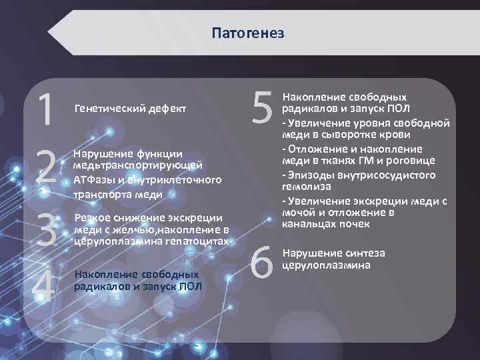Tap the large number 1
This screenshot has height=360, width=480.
click(x=44, y=110)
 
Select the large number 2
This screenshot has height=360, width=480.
click(x=45, y=168)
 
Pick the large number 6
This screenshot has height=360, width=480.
click(x=263, y=259)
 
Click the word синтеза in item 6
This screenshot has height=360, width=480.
click(x=365, y=253)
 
